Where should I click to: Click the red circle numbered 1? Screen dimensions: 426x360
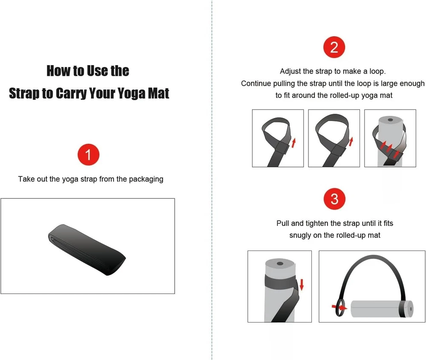[x=88, y=155]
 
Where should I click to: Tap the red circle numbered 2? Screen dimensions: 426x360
[x=334, y=47]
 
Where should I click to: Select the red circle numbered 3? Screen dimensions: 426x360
[x=334, y=199]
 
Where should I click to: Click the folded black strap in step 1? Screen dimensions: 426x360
[x=87, y=249]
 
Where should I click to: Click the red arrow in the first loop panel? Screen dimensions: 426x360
[x=294, y=143]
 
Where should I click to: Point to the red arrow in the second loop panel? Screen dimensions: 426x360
[x=351, y=141]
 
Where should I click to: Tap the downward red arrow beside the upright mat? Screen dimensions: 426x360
[x=301, y=285]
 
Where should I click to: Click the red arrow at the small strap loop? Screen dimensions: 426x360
[x=340, y=308]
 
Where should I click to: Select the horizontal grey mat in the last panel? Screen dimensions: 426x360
[x=382, y=308]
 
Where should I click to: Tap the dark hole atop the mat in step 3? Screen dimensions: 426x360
[x=280, y=264]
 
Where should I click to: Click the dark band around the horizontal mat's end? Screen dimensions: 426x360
[x=402, y=308]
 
